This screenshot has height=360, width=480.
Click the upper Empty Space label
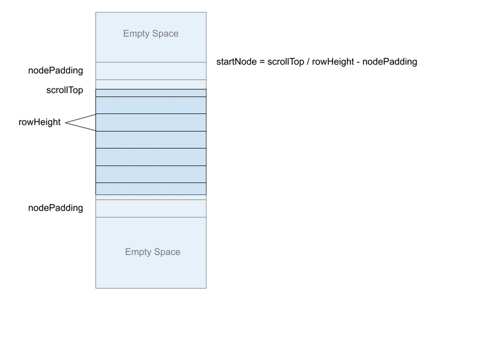pyautogui.click(x=151, y=34)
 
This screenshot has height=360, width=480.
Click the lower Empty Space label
pyautogui.click(x=152, y=251)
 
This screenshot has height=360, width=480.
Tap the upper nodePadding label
pyautogui.click(x=55, y=70)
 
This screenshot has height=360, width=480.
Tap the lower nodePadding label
pyautogui.click(x=55, y=208)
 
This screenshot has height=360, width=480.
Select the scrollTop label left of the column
pyautogui.click(x=65, y=91)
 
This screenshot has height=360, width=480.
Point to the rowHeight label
pyautogui.click(x=40, y=122)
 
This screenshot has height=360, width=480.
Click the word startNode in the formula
pyautogui.click(x=236, y=62)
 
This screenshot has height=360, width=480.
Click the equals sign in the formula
pyautogui.click(x=262, y=62)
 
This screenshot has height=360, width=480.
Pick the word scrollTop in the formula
pyautogui.click(x=286, y=62)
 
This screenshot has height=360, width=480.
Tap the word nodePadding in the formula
pyautogui.click(x=389, y=62)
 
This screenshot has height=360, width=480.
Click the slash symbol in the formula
pyautogui.click(x=308, y=62)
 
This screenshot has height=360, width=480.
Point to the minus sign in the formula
pyautogui.click(x=358, y=62)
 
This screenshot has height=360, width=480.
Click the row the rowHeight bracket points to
pyautogui.click(x=151, y=122)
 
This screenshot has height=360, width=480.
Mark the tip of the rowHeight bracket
pyautogui.click(x=65, y=123)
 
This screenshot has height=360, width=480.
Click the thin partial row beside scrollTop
pyautogui.click(x=151, y=93)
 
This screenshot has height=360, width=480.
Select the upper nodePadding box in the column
pyautogui.click(x=151, y=71)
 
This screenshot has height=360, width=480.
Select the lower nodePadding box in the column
pyautogui.click(x=151, y=209)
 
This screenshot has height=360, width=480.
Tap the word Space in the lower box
pyautogui.click(x=167, y=252)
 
